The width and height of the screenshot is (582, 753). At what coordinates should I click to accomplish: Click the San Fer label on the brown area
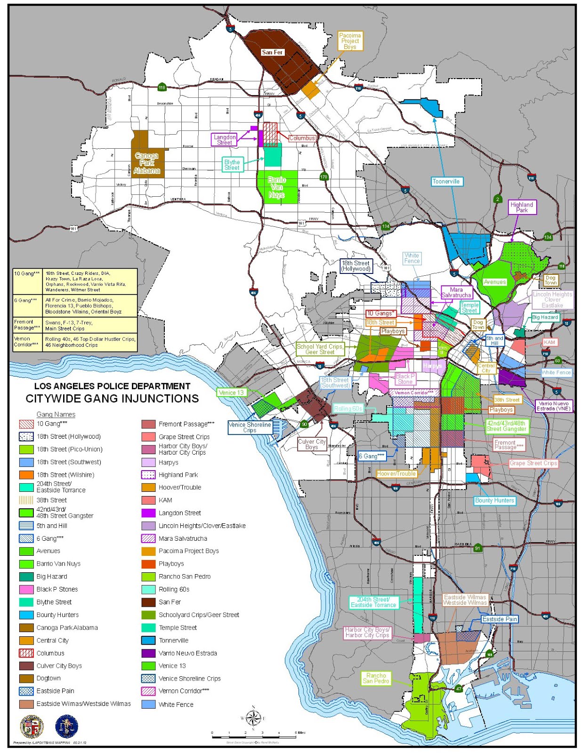[272, 52]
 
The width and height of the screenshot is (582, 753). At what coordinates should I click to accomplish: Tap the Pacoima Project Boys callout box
[350, 41]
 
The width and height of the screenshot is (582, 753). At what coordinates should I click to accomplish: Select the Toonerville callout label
[445, 181]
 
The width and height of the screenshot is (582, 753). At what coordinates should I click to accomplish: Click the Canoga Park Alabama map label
[146, 163]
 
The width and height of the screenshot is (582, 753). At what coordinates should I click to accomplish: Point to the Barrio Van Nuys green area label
[277, 187]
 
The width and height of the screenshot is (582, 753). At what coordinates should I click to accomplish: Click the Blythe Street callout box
[232, 164]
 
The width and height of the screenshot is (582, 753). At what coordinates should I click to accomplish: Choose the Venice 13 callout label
[231, 393]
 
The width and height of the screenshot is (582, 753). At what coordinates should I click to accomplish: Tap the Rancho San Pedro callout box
[376, 678]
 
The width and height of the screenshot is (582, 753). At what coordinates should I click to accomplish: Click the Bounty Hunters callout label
[494, 500]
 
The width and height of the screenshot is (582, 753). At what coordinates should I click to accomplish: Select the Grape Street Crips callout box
[533, 463]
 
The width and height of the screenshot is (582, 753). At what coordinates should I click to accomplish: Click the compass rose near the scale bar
[253, 718]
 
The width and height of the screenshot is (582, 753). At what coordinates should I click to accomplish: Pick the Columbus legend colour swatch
[26, 653]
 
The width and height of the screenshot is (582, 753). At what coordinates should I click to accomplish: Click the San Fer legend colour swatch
[148, 602]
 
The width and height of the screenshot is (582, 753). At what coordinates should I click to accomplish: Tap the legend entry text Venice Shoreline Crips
[189, 679]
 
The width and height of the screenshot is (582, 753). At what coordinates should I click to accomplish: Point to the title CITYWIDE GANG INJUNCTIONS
[112, 399]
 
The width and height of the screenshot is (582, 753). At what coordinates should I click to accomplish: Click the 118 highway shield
[162, 88]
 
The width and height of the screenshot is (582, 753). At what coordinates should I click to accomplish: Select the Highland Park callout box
[522, 208]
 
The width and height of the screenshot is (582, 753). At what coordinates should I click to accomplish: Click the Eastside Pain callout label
[500, 619]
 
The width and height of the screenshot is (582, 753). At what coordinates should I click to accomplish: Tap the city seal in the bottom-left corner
[31, 727]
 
